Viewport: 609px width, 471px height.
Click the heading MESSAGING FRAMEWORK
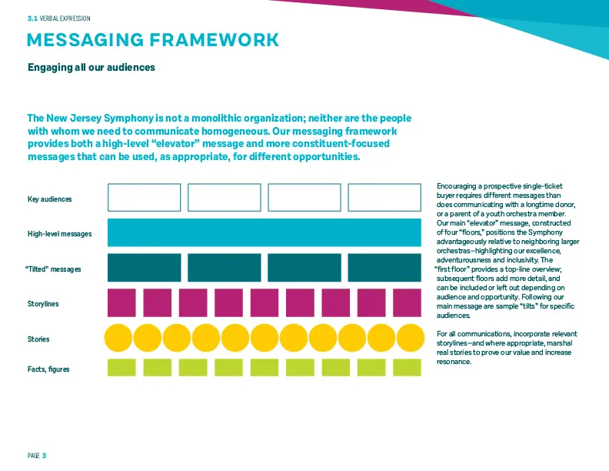click(153, 40)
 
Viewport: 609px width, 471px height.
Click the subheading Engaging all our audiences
click(92, 67)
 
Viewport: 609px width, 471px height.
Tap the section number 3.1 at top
click(32, 18)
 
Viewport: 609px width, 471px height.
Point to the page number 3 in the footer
click(44, 456)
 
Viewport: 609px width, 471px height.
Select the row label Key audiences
click(50, 199)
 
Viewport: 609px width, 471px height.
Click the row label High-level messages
click(59, 233)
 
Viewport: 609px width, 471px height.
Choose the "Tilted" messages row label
click(53, 269)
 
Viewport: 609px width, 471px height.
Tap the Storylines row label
click(43, 303)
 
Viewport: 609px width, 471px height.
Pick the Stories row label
click(38, 339)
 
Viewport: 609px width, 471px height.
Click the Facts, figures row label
click(48, 369)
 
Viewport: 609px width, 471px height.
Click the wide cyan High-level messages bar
click(264, 232)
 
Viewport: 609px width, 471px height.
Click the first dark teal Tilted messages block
click(144, 267)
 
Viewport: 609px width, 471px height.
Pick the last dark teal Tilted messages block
click(384, 267)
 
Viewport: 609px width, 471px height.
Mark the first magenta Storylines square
click(121, 302)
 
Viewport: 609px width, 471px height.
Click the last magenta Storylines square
click(407, 302)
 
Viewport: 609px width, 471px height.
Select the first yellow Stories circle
click(118, 338)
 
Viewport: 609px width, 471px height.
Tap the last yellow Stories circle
click(411, 338)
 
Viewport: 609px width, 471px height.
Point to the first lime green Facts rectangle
click(121, 367)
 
